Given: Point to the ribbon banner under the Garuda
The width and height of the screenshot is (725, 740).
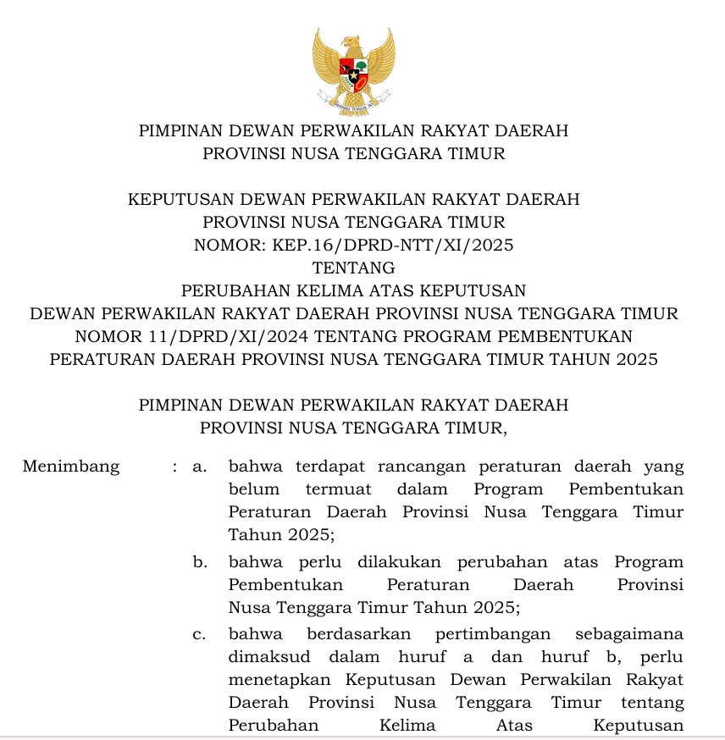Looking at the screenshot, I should (353, 106).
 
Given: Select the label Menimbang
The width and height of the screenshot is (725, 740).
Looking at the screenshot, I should (71, 467).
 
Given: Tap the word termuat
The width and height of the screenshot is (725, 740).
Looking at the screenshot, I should (337, 489).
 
